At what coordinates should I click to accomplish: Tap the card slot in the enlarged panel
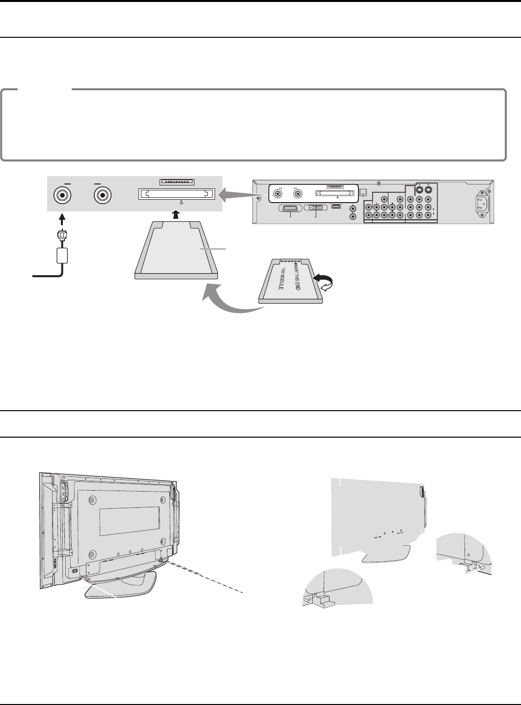tap(177, 194)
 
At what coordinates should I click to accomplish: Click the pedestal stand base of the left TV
tap(121, 587)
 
